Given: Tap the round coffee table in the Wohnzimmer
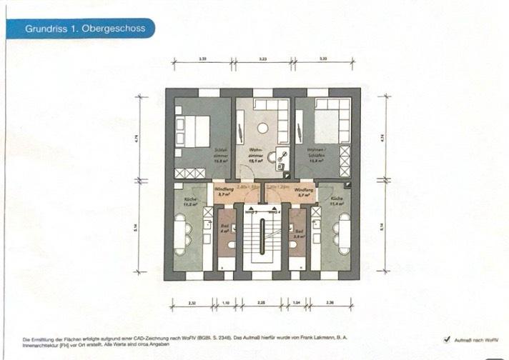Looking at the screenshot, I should (x=262, y=128).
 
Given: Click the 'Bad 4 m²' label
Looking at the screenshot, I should (x=224, y=229).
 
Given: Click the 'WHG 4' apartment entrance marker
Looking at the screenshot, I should (x=272, y=212).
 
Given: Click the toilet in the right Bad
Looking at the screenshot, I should (x=295, y=245).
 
